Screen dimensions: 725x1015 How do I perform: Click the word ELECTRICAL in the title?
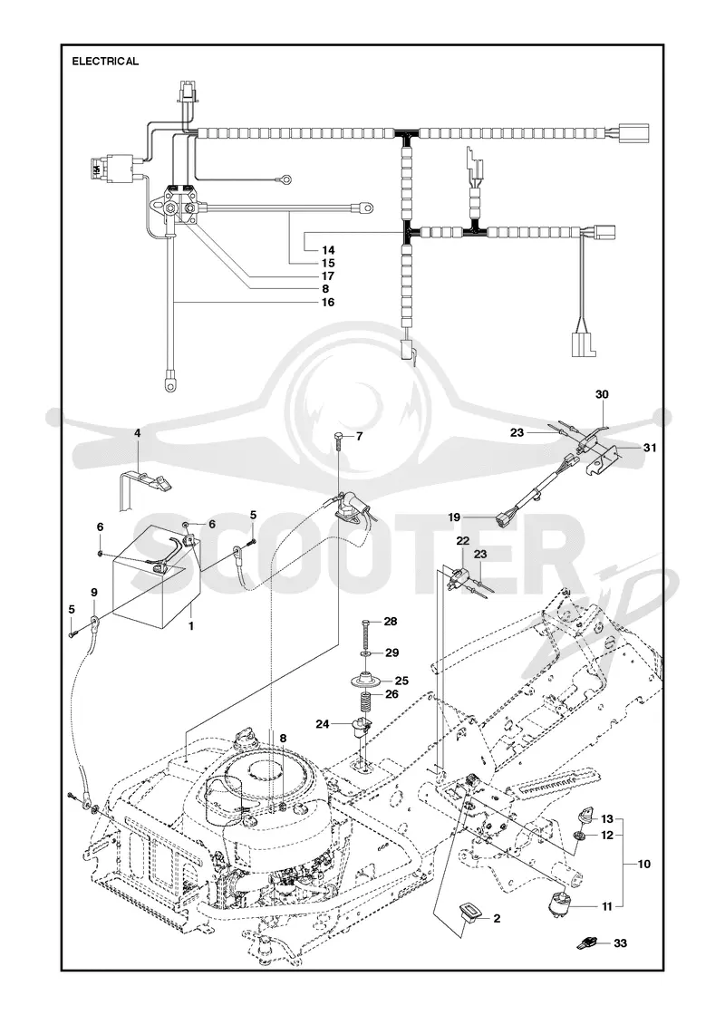point(105,62)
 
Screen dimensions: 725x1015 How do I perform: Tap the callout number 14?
point(328,250)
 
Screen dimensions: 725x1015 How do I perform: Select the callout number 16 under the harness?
point(328,303)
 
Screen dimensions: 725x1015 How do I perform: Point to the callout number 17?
point(328,275)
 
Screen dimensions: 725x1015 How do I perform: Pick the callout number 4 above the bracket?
point(137,432)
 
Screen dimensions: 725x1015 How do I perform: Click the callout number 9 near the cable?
point(94,592)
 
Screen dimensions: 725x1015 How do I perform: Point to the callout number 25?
point(402,681)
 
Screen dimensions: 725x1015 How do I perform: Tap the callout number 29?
point(391,652)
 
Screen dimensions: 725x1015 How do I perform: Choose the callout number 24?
point(323,724)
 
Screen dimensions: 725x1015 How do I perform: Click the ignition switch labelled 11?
point(560,900)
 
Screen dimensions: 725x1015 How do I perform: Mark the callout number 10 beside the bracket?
point(643,865)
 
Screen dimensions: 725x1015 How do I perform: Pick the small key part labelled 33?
point(585,942)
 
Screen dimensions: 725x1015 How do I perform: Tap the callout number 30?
point(602,394)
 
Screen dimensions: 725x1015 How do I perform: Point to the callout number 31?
point(649,448)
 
